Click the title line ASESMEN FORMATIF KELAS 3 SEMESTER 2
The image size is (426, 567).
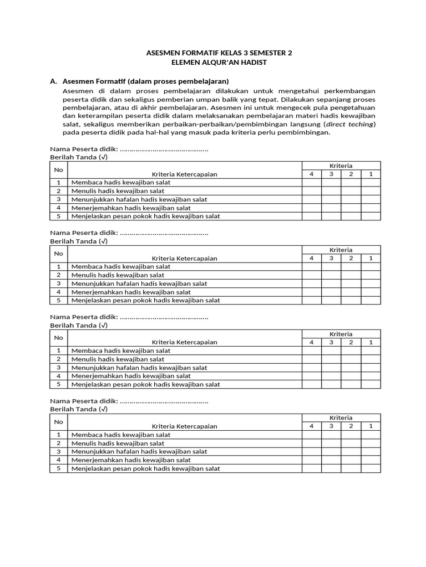point(219,53)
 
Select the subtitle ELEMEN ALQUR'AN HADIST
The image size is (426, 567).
point(219,62)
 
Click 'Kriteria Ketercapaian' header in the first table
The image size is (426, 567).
point(185,174)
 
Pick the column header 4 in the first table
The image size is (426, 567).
point(312,174)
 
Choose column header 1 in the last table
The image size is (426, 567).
point(371,426)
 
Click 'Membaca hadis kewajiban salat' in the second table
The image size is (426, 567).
point(120,266)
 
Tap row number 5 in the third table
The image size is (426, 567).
point(58,384)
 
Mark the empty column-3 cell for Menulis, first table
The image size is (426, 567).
point(331,190)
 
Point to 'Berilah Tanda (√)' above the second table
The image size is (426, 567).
point(79,241)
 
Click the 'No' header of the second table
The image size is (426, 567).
point(58,254)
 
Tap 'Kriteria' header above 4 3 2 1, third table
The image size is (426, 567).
point(341,334)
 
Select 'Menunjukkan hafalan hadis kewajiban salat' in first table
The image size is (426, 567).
point(139,199)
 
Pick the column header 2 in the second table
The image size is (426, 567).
point(351,258)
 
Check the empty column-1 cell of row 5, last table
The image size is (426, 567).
point(371,468)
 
